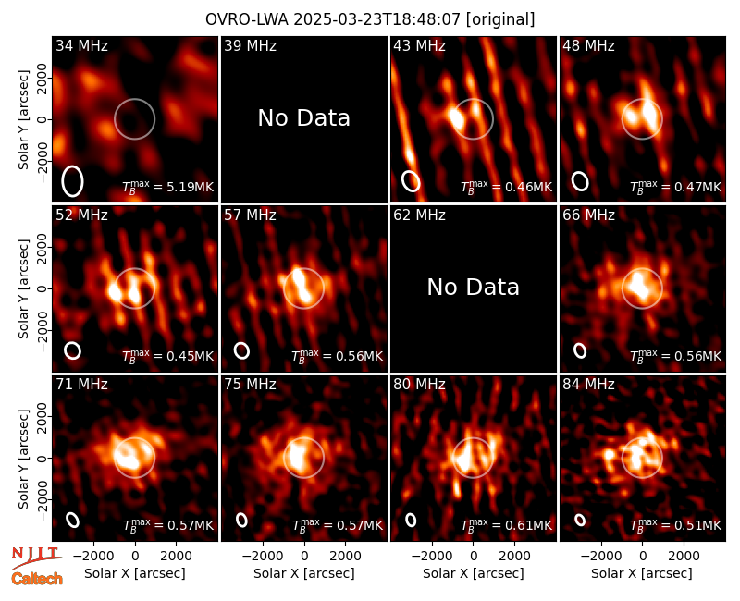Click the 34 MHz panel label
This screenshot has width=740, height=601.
(x=81, y=45)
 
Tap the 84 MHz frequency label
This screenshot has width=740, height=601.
(x=588, y=385)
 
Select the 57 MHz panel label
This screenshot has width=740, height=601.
(x=250, y=215)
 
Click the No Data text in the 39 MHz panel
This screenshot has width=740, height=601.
(x=304, y=118)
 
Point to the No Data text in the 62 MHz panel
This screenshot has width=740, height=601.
(x=474, y=288)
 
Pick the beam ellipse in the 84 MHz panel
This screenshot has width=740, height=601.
(x=580, y=520)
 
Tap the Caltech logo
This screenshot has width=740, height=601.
(x=37, y=579)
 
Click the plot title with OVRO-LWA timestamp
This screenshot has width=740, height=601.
(x=370, y=19)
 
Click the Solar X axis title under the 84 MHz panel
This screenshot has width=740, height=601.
(x=642, y=573)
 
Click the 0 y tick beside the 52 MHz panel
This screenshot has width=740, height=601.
(x=43, y=288)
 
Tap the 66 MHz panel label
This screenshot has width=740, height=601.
(x=588, y=215)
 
